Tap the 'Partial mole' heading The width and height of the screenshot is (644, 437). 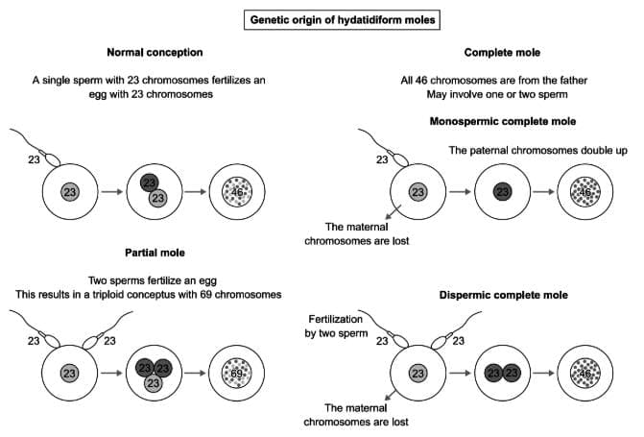(155, 254)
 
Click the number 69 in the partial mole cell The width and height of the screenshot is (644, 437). (239, 372)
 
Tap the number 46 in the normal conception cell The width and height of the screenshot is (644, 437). (239, 192)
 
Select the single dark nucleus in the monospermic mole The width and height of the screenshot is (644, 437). (502, 192)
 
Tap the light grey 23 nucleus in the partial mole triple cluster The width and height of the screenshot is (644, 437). (154, 382)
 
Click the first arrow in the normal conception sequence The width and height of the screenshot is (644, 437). (111, 192)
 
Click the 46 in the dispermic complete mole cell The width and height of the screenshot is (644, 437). (587, 372)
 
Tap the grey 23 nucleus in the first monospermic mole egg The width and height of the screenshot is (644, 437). (418, 192)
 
